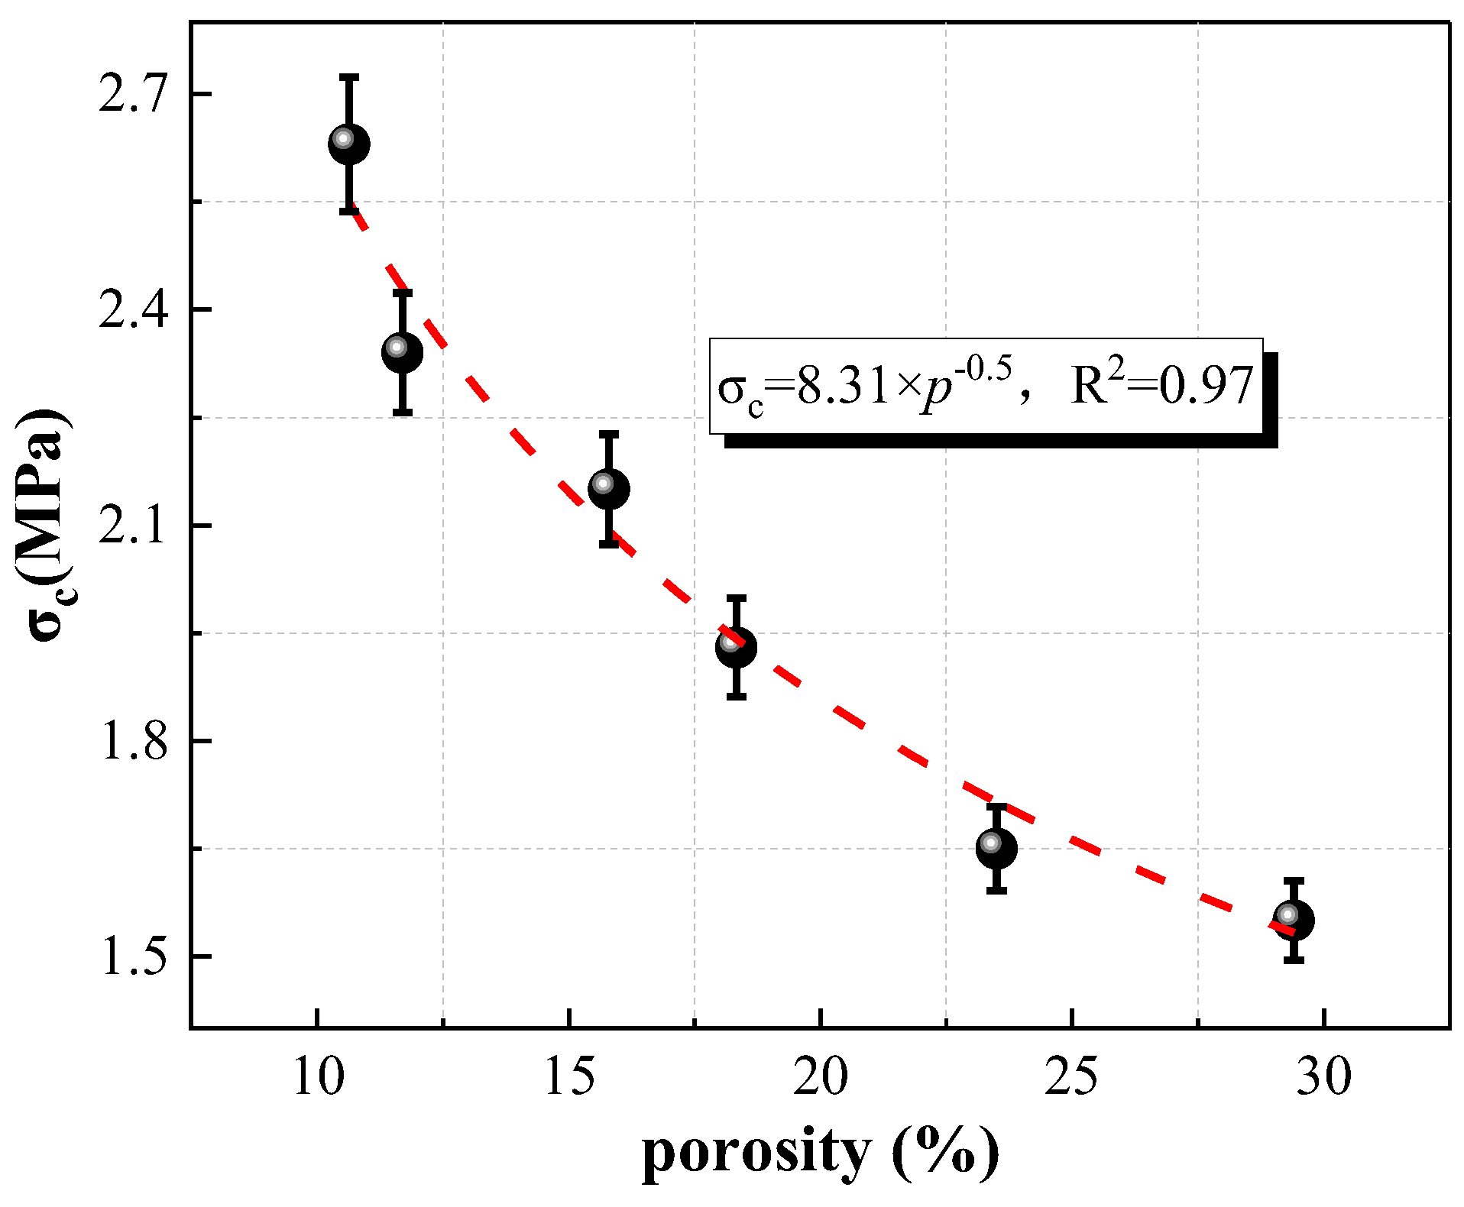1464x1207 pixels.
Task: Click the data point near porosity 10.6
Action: click(349, 144)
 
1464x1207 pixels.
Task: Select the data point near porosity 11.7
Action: click(403, 352)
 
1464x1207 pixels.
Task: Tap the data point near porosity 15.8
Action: click(609, 489)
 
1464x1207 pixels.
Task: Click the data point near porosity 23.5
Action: click(996, 848)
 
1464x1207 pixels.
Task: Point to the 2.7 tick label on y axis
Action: click(132, 95)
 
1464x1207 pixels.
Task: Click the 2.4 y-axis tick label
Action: click(132, 310)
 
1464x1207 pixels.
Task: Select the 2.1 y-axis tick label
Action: click(132, 526)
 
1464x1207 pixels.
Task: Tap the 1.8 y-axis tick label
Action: click(132, 741)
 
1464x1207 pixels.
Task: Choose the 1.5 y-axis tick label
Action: click(132, 956)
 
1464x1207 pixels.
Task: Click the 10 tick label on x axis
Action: click(318, 1078)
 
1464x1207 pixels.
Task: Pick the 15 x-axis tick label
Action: click(569, 1078)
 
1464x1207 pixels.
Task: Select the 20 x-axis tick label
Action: click(821, 1078)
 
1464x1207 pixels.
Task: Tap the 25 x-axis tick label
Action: click(1072, 1078)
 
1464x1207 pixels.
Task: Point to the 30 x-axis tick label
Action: click(1323, 1078)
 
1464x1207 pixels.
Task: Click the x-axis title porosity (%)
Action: click(820, 1154)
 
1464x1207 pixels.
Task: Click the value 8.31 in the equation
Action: click(843, 386)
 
